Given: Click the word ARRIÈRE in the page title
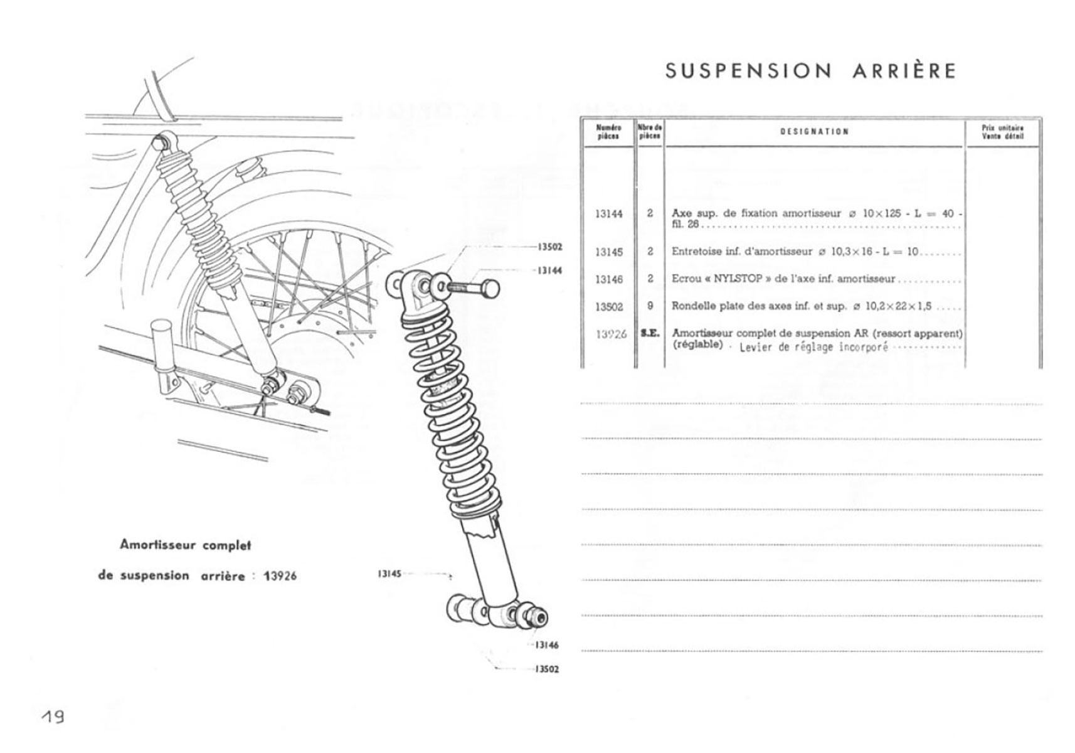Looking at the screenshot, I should coord(904,71).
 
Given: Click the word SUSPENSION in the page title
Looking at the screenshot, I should coord(748,71).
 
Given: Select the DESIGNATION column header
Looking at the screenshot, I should coord(815,132).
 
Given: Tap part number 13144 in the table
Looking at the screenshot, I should coord(608,214).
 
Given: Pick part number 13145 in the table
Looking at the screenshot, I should coord(608,252).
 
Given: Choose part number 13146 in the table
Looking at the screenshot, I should coord(608,280).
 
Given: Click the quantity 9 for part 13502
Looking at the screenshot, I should coord(650,306).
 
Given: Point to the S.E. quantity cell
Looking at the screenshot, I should coord(650,334).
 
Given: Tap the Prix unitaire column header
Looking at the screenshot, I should coord(1003,132).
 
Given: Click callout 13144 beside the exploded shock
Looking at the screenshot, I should coord(549,270).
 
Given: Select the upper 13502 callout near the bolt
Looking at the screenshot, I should coord(549,247).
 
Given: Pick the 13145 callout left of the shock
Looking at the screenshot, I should coord(389,574).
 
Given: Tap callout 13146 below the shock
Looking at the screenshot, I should coord(547,645).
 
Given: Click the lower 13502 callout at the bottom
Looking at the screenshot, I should coord(547,669).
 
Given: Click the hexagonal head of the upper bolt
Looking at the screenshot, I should coord(490,289).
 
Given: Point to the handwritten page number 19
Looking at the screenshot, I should coord(53,717).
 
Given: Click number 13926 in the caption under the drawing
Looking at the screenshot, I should coord(280,576).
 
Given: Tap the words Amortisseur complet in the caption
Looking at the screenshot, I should coord(185,545).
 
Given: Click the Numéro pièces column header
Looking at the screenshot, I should coord(608,132).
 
